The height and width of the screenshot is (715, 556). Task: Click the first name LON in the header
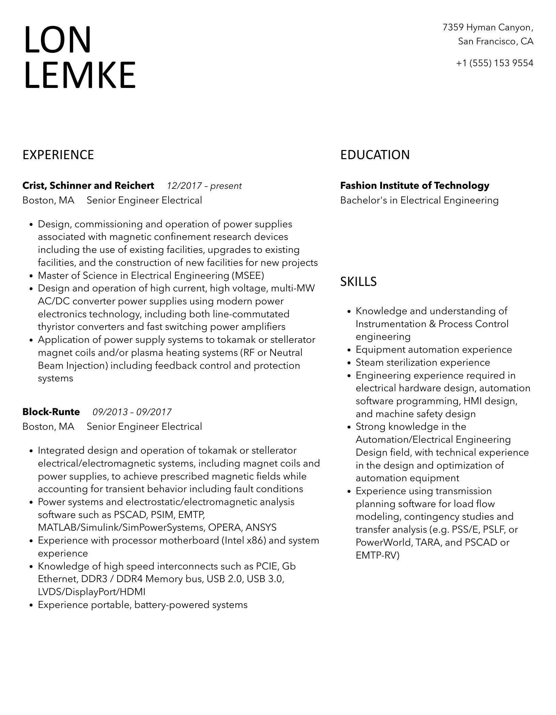58,40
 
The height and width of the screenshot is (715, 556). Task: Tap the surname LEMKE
80,75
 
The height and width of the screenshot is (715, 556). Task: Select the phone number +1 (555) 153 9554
495,63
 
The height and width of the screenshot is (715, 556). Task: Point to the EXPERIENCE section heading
58,155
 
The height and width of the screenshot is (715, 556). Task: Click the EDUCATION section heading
375,155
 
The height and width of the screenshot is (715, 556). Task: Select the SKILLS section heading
358,282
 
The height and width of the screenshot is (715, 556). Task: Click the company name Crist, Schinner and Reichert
88,185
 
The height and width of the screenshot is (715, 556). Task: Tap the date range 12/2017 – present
204,186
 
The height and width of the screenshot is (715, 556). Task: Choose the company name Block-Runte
51,412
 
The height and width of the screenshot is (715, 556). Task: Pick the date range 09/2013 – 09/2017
132,412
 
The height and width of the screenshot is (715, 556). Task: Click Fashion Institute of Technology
415,185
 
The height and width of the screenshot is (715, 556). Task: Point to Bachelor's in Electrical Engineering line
419,200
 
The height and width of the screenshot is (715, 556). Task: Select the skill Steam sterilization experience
423,362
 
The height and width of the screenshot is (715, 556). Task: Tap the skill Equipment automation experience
434,349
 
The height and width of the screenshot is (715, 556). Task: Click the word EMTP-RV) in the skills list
377,555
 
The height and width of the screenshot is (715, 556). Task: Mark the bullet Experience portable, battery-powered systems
142,605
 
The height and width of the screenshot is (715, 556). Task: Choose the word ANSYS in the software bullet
261,527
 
